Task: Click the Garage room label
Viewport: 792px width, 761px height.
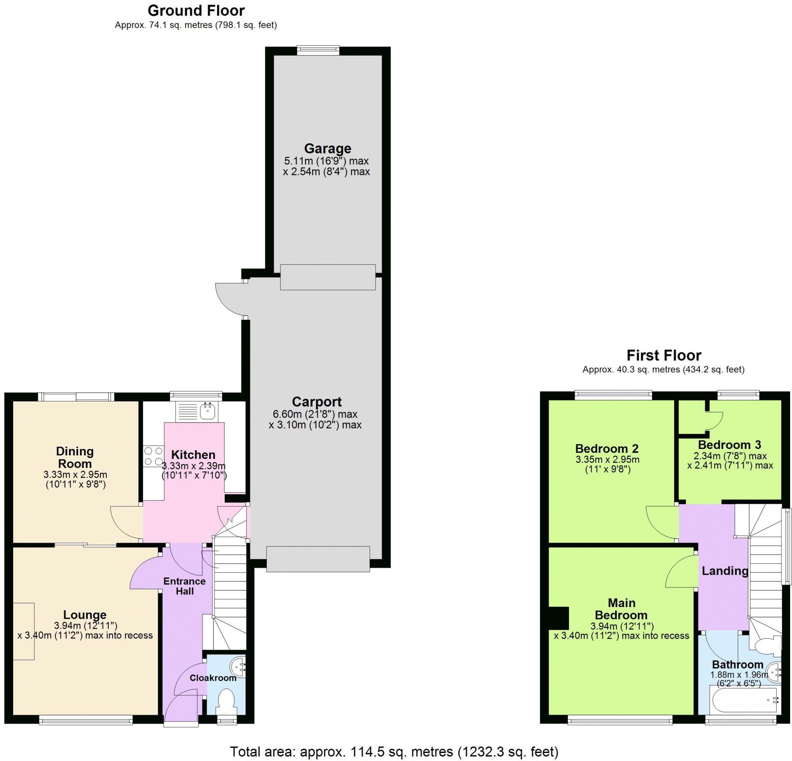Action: pos(327,148)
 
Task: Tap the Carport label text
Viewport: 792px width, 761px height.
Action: pos(316,402)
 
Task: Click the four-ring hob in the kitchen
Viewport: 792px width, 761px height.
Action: pos(153,456)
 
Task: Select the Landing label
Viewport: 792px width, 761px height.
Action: pos(725,571)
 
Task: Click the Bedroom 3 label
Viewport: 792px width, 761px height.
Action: pos(729,445)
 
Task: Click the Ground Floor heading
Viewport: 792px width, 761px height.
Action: pos(196,10)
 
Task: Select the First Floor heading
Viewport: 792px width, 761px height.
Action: pos(664,355)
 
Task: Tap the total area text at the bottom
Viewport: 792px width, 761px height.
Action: pos(394,752)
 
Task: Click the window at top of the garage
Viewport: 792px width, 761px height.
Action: pos(318,50)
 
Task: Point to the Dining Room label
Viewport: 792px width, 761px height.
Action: pos(75,457)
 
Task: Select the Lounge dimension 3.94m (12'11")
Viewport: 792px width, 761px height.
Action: pos(85,626)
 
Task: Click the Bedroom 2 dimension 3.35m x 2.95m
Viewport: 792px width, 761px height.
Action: pos(607,459)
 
